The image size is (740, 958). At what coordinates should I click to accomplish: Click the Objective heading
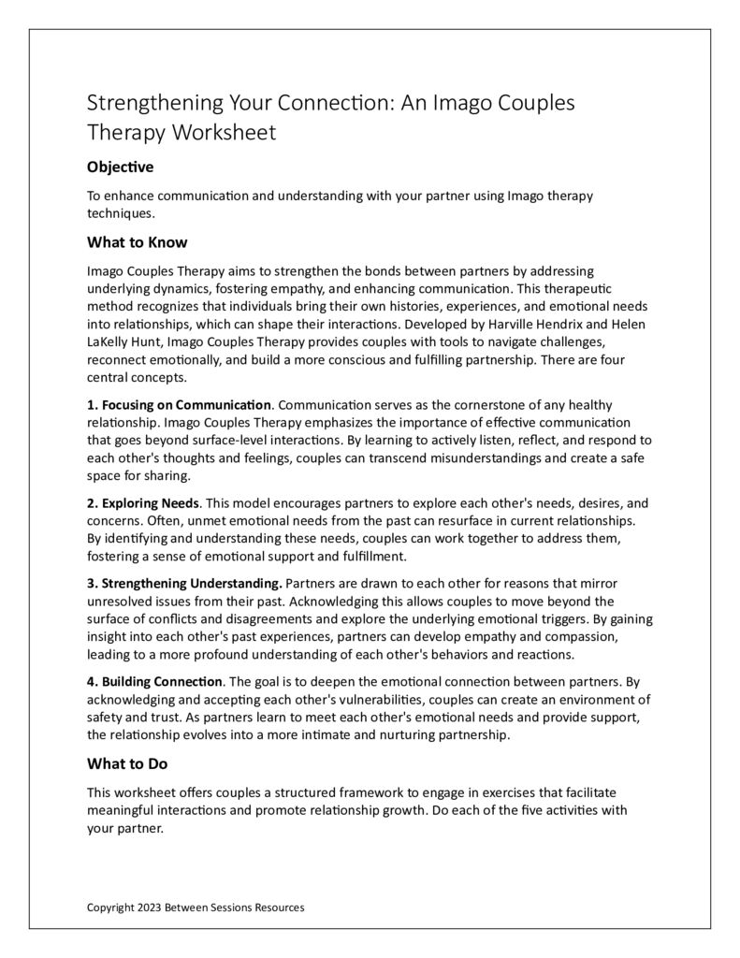click(120, 167)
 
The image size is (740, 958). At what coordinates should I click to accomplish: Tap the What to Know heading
click(137, 242)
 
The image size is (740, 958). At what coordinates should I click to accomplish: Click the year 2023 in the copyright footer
click(148, 907)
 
